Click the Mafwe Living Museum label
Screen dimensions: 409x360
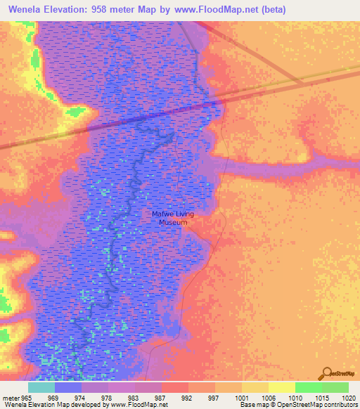(172, 218)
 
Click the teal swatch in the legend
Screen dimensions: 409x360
(41, 387)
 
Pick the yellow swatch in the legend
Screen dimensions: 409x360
(281, 387)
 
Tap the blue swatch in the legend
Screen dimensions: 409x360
(67, 387)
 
